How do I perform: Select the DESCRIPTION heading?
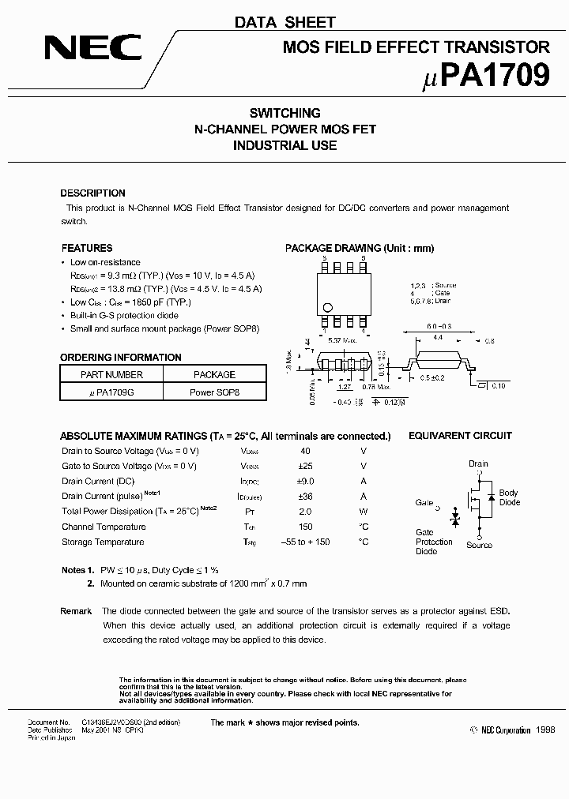[x=92, y=193]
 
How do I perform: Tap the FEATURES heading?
[x=86, y=248]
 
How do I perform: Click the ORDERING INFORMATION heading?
[x=121, y=358]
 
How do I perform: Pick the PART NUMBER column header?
[x=111, y=374]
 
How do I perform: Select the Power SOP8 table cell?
[x=214, y=392]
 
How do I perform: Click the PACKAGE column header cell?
[x=214, y=374]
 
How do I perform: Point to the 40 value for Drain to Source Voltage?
[x=304, y=451]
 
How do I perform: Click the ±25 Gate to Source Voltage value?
[x=304, y=466]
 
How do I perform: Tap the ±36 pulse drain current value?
[x=304, y=497]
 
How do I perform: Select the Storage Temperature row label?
[x=103, y=542]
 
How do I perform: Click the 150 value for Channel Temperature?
[x=304, y=527]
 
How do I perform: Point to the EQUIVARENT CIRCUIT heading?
[x=459, y=436]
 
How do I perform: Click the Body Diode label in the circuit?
[x=509, y=497]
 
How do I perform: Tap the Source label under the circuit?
[x=479, y=545]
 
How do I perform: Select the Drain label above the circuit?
[x=478, y=464]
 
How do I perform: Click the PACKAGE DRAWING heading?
[x=359, y=248]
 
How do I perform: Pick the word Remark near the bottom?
[x=76, y=611]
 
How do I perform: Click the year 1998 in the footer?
[x=545, y=731]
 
